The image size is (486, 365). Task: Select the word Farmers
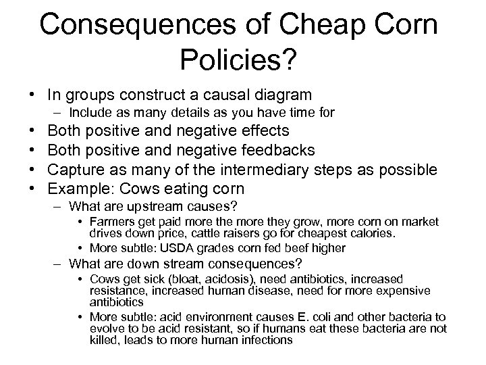click(x=111, y=222)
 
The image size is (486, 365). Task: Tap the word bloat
click(x=171, y=279)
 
